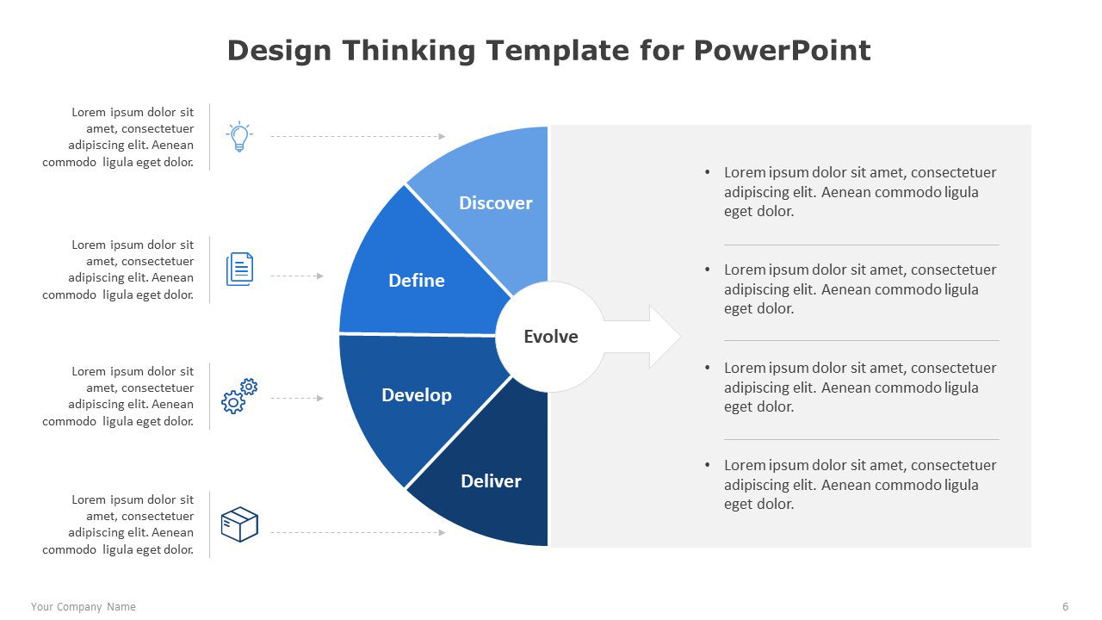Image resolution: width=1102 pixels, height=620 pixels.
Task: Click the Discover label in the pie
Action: (495, 202)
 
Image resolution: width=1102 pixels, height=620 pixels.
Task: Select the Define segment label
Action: (417, 281)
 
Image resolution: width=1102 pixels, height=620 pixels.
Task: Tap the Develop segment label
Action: (417, 395)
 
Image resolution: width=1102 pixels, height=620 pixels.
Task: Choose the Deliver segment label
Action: (491, 480)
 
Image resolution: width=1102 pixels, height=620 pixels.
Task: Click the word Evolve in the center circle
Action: (551, 337)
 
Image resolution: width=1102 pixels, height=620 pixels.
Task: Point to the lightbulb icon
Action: (239, 136)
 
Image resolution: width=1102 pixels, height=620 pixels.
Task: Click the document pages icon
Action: (239, 270)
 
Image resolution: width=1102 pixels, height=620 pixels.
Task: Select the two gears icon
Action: (239, 396)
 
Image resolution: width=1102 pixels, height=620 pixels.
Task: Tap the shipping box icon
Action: (239, 524)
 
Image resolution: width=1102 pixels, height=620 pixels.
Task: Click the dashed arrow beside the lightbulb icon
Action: (358, 136)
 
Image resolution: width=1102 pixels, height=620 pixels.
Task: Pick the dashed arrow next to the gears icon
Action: (297, 398)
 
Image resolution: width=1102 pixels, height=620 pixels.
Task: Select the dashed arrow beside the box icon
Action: (358, 532)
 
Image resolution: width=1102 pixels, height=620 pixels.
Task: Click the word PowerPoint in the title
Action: (783, 51)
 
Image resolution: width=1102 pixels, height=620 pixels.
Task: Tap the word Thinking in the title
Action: (409, 51)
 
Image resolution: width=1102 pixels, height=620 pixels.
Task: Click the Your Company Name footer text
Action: (84, 607)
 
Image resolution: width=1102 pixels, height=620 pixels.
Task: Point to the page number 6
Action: (1066, 607)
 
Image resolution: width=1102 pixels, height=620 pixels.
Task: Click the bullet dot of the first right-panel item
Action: (708, 171)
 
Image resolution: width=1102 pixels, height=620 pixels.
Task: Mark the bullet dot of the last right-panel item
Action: (708, 464)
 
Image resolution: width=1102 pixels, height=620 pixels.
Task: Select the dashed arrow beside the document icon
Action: (297, 276)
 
